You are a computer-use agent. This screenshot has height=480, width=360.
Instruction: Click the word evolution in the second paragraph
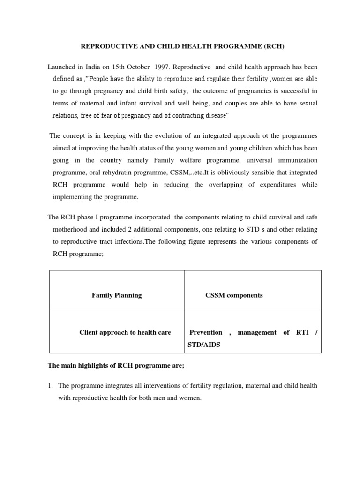click(x=168, y=136)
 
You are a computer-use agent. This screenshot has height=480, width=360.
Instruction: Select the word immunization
click(x=298, y=160)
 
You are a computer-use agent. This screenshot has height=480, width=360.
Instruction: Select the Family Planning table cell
click(x=117, y=295)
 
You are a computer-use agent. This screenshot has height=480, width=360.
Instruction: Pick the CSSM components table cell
click(x=234, y=295)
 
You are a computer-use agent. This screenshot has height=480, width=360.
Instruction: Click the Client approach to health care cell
click(x=125, y=332)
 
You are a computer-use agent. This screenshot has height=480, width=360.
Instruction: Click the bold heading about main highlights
click(x=116, y=367)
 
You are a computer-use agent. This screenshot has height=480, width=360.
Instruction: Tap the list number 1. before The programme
click(x=51, y=386)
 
